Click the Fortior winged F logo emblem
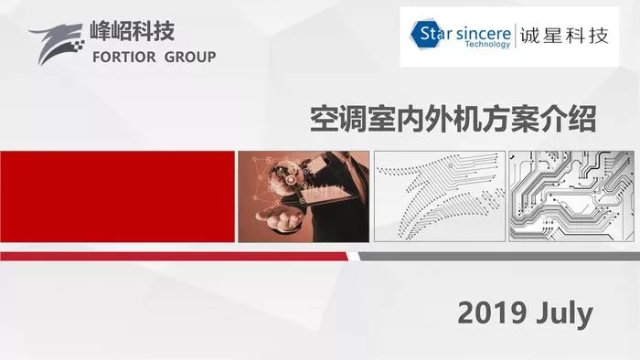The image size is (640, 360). pyautogui.click(x=57, y=43)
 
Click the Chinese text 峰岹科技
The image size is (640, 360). pyautogui.click(x=133, y=31)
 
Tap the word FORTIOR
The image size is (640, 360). pyautogui.click(x=124, y=57)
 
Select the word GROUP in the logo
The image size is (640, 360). pyautogui.click(x=190, y=57)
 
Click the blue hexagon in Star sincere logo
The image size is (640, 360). pyautogui.click(x=427, y=34)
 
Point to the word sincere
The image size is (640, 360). pyautogui.click(x=484, y=34)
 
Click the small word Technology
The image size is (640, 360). pyautogui.click(x=487, y=44)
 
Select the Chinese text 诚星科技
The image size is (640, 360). pyautogui.click(x=564, y=36)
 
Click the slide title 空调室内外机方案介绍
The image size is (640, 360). pyautogui.click(x=453, y=119)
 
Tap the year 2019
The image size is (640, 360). pyautogui.click(x=492, y=313)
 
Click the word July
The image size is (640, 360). pyautogui.click(x=565, y=314)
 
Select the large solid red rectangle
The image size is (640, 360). pyautogui.click(x=118, y=196)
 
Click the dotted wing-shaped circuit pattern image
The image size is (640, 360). pyautogui.click(x=440, y=196)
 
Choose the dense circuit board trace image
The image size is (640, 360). pyautogui.click(x=571, y=196)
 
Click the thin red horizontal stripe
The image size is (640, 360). pyautogui.click(x=174, y=256)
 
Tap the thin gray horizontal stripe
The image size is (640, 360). pyautogui.click(x=499, y=256)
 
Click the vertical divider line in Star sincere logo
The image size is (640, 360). pyautogui.click(x=516, y=36)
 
